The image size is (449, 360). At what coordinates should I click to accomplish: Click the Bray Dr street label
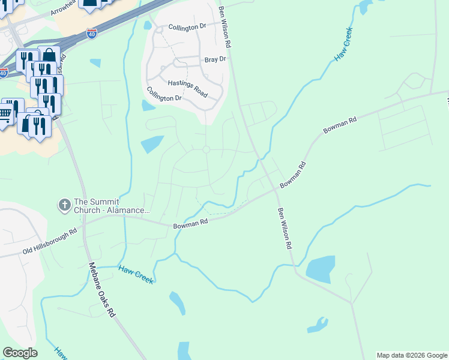[214, 59]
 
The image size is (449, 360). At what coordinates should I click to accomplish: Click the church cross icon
[64, 205]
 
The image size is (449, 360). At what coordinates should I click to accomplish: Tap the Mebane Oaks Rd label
[101, 290]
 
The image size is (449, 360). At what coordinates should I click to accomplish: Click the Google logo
[20, 353]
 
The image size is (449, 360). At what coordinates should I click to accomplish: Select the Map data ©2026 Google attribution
[412, 355]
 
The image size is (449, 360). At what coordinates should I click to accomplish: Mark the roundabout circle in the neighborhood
[206, 149]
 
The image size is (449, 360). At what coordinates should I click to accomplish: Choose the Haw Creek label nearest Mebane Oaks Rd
[136, 275]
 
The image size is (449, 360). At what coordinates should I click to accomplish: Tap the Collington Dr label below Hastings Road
[164, 94]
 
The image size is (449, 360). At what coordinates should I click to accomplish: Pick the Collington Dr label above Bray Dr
[187, 27]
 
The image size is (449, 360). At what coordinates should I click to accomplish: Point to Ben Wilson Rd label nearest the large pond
[285, 229]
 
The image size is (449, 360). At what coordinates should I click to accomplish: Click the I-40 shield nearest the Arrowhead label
[91, 34]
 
